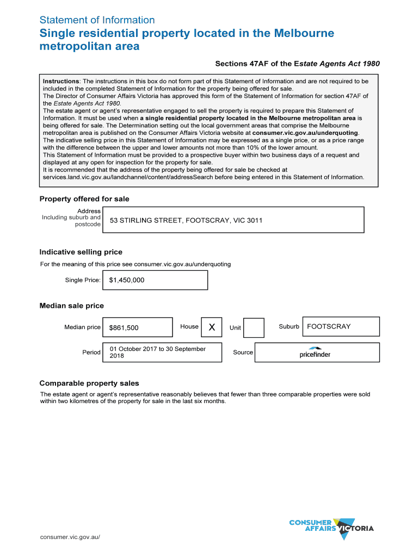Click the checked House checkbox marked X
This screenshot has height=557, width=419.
pos(212,327)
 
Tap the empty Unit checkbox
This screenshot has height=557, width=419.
pos(254,327)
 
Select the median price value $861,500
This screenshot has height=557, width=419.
pos(124,327)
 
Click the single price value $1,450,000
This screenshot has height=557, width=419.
pos(127,280)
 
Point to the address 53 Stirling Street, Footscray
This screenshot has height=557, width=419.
pos(186,220)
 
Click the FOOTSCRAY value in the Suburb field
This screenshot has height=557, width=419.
pos(329,326)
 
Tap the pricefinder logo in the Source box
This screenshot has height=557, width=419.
pos(315,352)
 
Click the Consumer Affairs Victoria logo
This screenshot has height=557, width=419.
pos(331,528)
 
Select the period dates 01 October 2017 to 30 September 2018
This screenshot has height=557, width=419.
pos(157,352)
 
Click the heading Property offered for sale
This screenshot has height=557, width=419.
pos(84,199)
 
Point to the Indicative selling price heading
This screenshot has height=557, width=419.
pos(81,252)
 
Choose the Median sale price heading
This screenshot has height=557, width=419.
pos(71,306)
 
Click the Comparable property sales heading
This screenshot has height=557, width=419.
pos(89,383)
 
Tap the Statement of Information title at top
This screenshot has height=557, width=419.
pos(97,20)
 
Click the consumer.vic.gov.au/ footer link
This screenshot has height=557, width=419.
pos(70,537)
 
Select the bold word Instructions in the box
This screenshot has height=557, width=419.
pos(61,81)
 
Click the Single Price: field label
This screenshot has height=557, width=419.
pos(83,280)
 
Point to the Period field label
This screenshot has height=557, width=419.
pos(91,352)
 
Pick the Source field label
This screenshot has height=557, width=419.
pos(243,352)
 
